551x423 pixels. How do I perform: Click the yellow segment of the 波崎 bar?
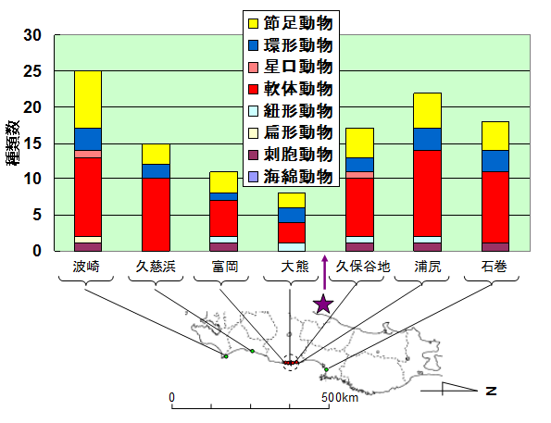[x=88, y=99]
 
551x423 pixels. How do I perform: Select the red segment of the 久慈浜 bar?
[x=156, y=215]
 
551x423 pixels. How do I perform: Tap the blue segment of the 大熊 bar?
[x=292, y=215]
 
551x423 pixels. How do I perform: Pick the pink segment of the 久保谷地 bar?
[x=360, y=175]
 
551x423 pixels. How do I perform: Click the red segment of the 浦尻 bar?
[x=428, y=193]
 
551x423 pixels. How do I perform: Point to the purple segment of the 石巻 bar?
[x=495, y=247]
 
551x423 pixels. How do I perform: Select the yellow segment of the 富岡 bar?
[x=223, y=182]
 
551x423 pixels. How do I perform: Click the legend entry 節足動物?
[x=291, y=23]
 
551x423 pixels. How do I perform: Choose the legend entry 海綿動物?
[x=291, y=177]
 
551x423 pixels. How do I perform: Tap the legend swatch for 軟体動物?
[x=254, y=89]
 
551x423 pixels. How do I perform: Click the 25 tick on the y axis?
[x=32, y=71]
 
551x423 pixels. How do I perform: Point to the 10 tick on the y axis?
[x=32, y=179]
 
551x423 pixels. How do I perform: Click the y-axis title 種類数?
[x=13, y=143]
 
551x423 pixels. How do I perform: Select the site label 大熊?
[x=294, y=267]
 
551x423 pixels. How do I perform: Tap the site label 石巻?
[x=495, y=267]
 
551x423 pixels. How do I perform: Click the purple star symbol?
[x=323, y=304]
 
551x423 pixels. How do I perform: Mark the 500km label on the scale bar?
[x=340, y=397]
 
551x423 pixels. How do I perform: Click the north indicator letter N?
[x=491, y=391]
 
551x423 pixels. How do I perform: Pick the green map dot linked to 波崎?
[x=226, y=356]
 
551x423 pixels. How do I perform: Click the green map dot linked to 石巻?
[x=327, y=369]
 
